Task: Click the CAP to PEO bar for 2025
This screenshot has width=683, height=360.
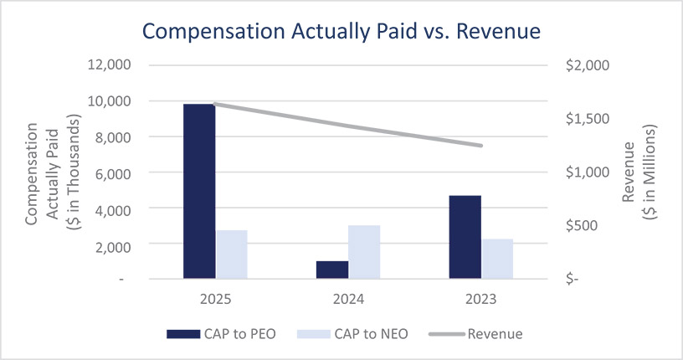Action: tap(199, 191)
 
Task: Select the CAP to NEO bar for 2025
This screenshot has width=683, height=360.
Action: tap(232, 255)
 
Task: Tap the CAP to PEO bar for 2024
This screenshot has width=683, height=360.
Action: tap(332, 270)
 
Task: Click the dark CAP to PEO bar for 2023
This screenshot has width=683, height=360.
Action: tap(465, 237)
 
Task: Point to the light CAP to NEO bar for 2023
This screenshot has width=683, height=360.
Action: tap(497, 259)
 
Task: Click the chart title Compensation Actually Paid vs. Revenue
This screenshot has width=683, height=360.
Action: tap(341, 31)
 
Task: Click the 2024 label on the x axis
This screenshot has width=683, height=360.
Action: tap(348, 299)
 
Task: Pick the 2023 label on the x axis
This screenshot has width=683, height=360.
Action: tap(480, 299)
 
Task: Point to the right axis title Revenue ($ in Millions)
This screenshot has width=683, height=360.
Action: tap(639, 172)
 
